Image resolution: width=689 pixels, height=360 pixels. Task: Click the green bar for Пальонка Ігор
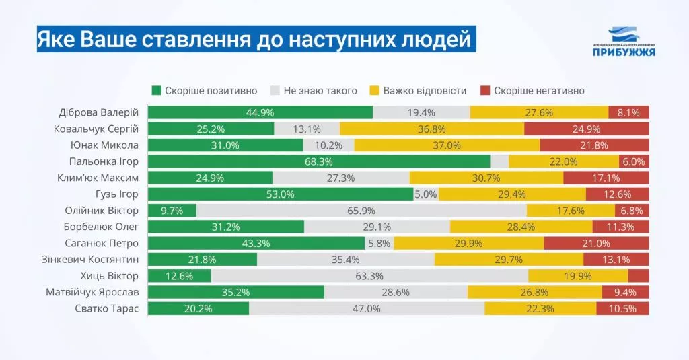coord(319,161)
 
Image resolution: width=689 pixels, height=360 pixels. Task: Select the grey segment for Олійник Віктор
coord(361,211)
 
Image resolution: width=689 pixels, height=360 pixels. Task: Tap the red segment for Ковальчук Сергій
coord(587,129)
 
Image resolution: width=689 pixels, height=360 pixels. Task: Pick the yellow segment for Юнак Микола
coord(447,145)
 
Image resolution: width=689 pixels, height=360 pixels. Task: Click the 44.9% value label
coord(260,112)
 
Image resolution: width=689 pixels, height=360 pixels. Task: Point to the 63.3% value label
coord(369,276)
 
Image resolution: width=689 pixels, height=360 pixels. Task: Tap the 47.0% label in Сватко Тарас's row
coord(367,309)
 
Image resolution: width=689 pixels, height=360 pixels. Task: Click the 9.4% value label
coord(625,292)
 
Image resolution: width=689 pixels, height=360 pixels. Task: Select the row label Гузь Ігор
coord(117,194)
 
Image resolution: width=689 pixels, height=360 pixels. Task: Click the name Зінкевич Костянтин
coord(90,259)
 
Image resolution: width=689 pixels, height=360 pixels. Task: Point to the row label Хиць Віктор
coord(110,276)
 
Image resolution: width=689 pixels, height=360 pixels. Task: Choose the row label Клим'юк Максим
coord(98,178)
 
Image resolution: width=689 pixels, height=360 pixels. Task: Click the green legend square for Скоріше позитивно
coord(156,91)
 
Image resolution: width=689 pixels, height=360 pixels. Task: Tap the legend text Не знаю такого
coord(320,91)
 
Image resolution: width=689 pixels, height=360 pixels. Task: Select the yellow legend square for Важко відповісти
coord(374,91)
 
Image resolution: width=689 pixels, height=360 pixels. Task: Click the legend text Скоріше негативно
coord(539,91)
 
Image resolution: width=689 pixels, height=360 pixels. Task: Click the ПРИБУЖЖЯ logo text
coord(624,52)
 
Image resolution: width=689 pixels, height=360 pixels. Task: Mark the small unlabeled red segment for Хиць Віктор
coord(639,276)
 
